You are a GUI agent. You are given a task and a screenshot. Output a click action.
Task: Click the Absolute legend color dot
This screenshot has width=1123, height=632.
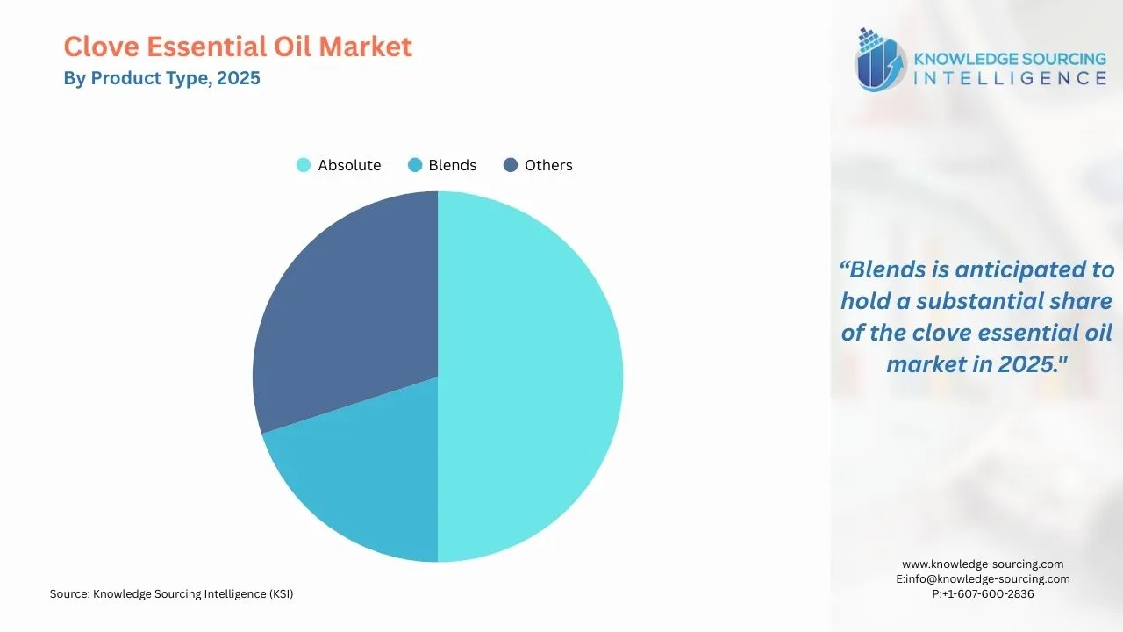[304, 165]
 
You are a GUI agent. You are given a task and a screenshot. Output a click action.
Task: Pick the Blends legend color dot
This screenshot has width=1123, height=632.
[415, 165]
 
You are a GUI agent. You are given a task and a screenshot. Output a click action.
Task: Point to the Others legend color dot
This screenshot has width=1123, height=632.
[511, 165]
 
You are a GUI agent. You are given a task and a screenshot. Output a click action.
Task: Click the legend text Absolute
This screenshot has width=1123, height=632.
[349, 165]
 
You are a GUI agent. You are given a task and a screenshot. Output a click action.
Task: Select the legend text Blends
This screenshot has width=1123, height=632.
[452, 165]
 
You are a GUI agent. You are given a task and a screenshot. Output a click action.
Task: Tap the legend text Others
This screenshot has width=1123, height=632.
[548, 165]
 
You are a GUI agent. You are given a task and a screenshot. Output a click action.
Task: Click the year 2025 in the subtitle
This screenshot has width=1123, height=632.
[239, 78]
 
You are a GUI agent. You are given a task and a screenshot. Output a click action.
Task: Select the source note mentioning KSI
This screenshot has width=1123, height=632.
[171, 594]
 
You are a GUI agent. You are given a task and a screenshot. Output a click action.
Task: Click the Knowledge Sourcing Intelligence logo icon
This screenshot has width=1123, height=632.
[881, 60]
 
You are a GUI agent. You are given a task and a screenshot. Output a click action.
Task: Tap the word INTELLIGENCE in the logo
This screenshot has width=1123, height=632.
[1010, 78]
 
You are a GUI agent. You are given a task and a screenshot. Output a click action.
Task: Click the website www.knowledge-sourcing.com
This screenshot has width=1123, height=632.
[983, 564]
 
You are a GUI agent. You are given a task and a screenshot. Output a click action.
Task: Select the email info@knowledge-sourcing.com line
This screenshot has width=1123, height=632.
[983, 578]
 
